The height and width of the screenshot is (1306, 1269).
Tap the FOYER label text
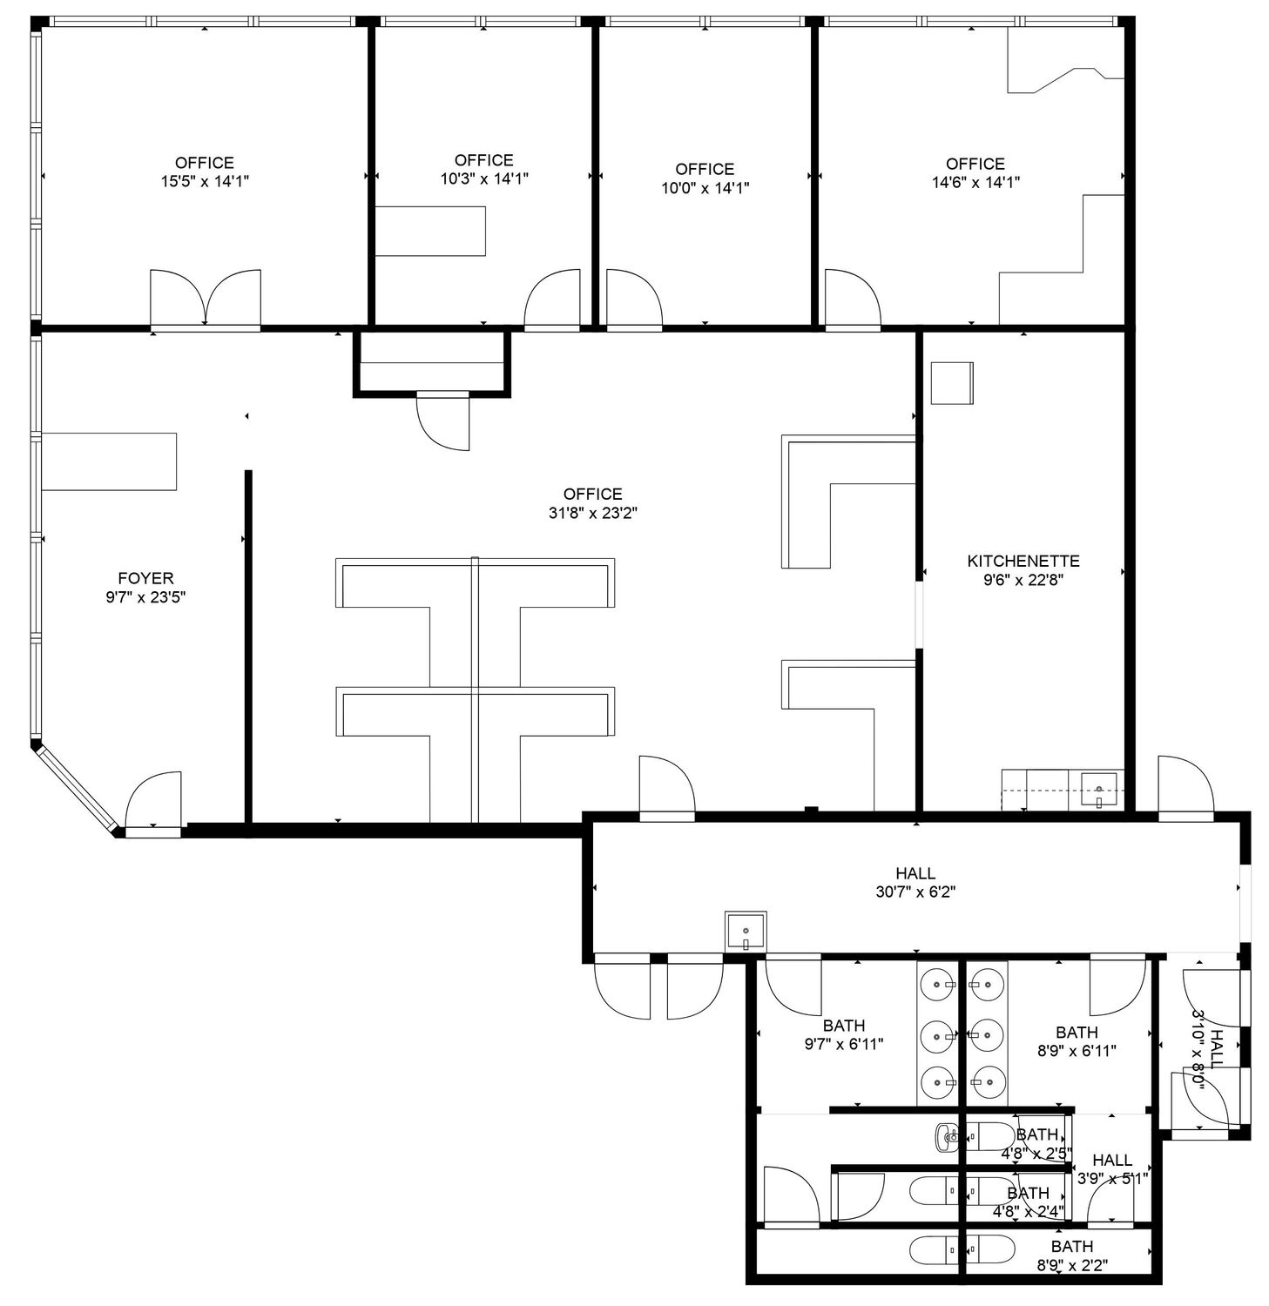(x=145, y=578)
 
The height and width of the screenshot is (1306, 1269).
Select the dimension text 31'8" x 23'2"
(x=592, y=514)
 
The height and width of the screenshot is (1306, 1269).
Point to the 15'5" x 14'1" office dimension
(x=205, y=182)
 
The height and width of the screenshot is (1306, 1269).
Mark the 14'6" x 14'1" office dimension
(x=975, y=183)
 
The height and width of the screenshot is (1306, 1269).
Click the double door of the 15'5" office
(x=206, y=300)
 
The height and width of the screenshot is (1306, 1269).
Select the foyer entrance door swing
(x=153, y=801)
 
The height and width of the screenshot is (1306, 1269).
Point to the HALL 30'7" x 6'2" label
(x=915, y=882)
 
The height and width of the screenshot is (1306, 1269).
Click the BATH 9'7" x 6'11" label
(x=844, y=1035)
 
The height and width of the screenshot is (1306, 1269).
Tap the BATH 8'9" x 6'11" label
(x=1077, y=1041)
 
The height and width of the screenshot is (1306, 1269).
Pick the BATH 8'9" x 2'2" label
(x=1071, y=1256)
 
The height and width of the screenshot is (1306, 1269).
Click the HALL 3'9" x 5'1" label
(x=1112, y=1169)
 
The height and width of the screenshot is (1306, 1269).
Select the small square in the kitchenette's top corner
(x=952, y=383)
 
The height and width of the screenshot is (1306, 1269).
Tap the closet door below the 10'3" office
(x=443, y=421)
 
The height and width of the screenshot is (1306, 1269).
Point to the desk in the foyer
(x=109, y=461)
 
